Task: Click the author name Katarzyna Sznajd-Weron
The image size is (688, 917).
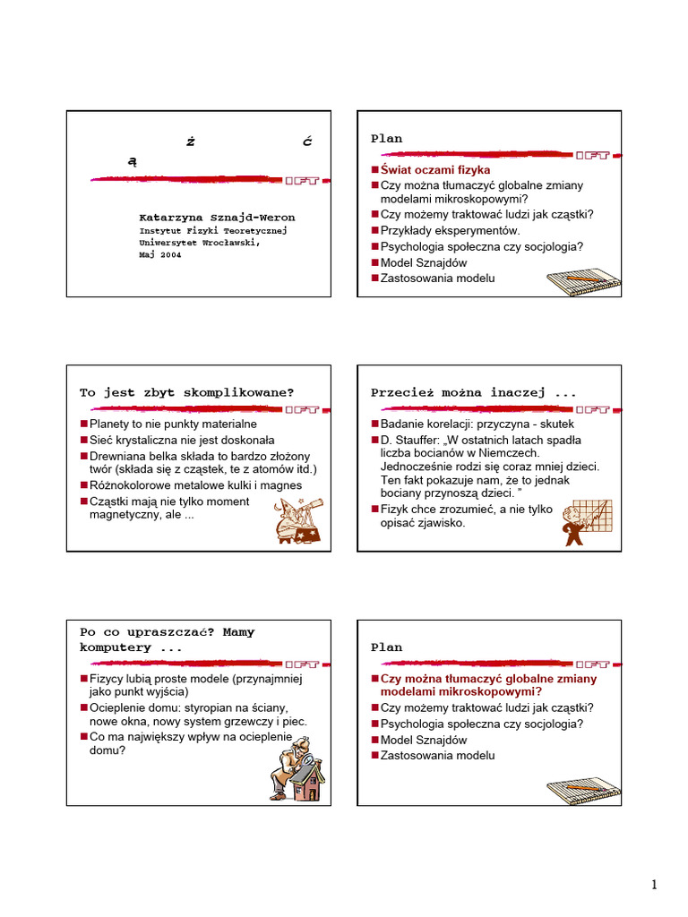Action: [217, 218]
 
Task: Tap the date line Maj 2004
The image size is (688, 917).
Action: [160, 254]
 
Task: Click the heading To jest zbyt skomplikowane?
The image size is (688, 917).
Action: [186, 392]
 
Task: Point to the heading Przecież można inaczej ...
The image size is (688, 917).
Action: [474, 392]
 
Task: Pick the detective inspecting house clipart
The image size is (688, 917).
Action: [297, 767]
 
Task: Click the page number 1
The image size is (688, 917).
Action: [654, 886]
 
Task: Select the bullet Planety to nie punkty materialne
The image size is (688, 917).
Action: [173, 424]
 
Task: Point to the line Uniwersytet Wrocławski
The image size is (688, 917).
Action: [199, 242]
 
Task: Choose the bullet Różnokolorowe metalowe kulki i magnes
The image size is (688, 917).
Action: [195, 485]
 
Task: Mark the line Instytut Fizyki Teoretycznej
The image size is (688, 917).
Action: [213, 230]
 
